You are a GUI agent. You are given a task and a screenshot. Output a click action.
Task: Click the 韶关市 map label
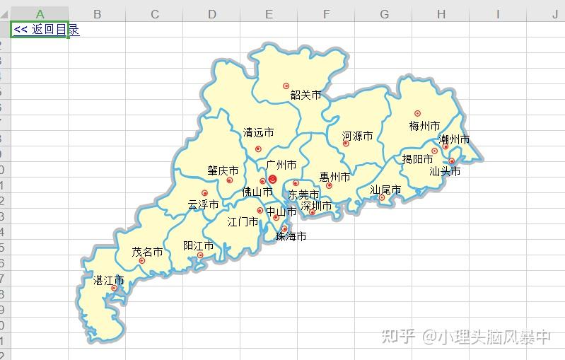[x=305, y=95]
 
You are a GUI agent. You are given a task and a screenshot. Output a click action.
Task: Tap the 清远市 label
[x=258, y=132]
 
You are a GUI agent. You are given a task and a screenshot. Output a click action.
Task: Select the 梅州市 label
[x=424, y=126]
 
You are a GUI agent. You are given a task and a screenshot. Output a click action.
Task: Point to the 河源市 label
[x=357, y=136]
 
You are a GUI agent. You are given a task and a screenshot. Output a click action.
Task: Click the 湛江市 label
[x=109, y=280]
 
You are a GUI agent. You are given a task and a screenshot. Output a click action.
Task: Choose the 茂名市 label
[x=147, y=252]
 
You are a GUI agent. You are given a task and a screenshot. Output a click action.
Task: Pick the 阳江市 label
[x=198, y=245]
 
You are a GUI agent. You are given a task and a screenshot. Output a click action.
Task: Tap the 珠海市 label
[x=291, y=236]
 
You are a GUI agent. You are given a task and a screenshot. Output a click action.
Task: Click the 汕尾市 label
[x=385, y=190]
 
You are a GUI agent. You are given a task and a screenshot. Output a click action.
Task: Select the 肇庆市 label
[x=223, y=170]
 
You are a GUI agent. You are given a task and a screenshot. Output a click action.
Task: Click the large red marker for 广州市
[x=273, y=180]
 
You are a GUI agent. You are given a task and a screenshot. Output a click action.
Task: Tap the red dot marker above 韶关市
[x=286, y=86]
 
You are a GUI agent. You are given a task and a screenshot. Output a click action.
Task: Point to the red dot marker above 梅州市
[x=417, y=113]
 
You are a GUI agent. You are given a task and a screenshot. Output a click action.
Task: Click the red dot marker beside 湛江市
[x=114, y=288]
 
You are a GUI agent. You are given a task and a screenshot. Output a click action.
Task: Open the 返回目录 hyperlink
[x=46, y=29]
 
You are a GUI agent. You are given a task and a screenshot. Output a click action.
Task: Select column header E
[x=269, y=14]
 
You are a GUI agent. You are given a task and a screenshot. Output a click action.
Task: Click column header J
[x=554, y=14]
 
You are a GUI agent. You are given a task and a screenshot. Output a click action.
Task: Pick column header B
[x=97, y=14]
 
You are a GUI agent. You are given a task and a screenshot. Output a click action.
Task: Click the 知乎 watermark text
[x=397, y=337]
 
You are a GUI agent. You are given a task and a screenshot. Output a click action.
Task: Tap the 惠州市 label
[x=334, y=177]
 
